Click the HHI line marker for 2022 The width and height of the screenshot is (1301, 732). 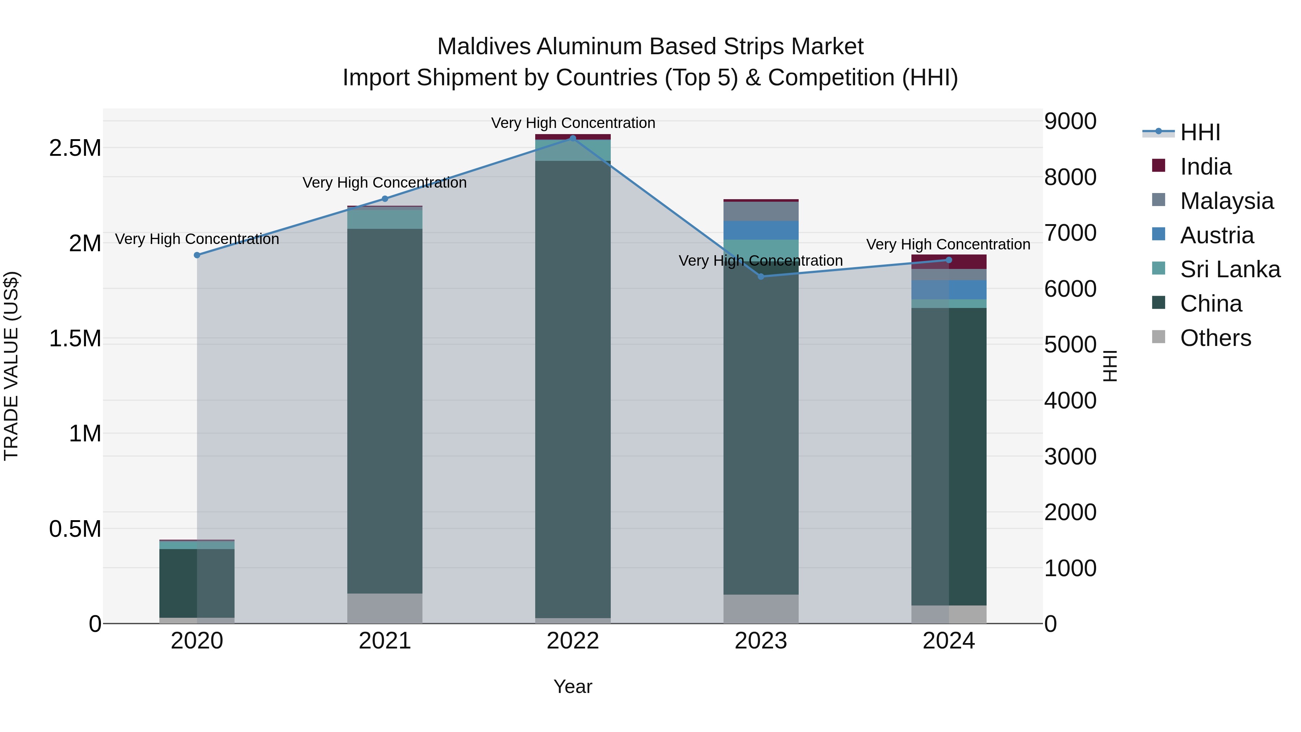click(573, 138)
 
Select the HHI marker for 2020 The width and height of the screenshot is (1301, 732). click(197, 255)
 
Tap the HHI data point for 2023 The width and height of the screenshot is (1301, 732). click(761, 276)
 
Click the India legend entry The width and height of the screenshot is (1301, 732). click(1206, 167)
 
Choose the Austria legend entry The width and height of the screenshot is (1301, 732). click(1217, 235)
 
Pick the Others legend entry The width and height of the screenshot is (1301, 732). click(1215, 338)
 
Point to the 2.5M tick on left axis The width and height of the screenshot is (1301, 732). click(75, 148)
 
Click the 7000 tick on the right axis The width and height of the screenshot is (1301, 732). click(1070, 233)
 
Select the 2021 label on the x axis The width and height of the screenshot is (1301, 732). click(385, 641)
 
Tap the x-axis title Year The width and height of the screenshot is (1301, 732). click(573, 686)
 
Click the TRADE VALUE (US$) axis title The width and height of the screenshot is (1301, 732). click(12, 366)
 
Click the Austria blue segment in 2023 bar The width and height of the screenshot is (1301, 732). click(761, 230)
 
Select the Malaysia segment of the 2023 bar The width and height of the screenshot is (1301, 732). click(761, 211)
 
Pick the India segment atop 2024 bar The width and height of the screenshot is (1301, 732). click(949, 262)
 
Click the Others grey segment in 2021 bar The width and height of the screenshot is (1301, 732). click(385, 608)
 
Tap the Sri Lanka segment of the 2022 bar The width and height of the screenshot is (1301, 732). click(573, 150)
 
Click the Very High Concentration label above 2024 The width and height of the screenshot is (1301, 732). click(948, 244)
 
